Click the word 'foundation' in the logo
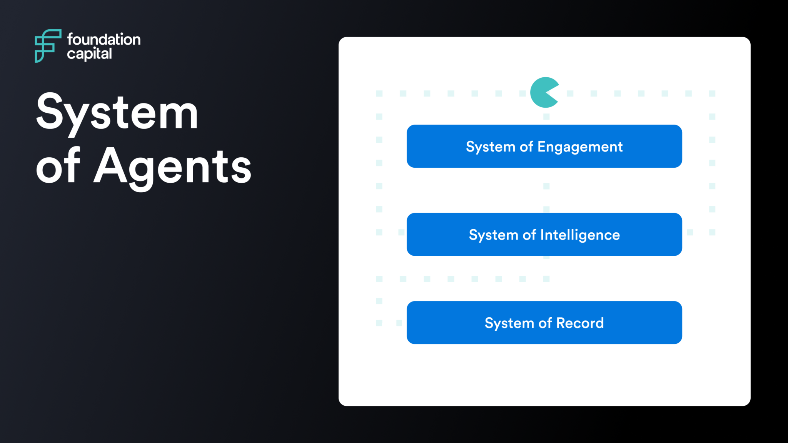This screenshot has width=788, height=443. click(104, 39)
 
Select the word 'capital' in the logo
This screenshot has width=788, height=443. click(89, 54)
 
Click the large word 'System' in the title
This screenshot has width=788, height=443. click(117, 112)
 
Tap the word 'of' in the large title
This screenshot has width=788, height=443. click(58, 166)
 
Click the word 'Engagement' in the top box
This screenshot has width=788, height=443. click(580, 147)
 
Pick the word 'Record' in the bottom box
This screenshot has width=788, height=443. click(580, 323)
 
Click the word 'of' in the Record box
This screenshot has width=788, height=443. click(545, 323)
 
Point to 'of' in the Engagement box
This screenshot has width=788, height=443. click(526, 147)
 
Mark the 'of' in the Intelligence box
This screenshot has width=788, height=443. click(529, 235)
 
